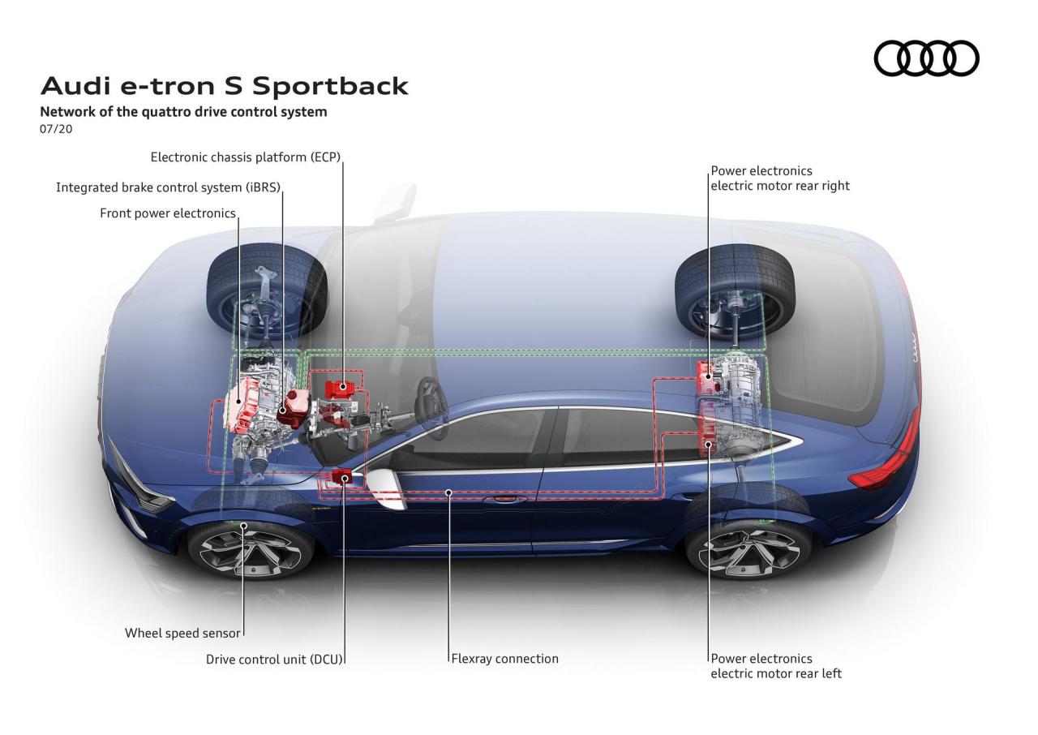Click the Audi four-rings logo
[926, 58]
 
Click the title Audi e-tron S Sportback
[225, 86]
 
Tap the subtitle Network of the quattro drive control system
[183, 112]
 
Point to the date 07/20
[56, 129]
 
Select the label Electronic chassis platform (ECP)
[245, 157]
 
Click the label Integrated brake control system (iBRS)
[168, 187]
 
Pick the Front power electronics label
[168, 213]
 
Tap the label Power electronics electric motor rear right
[779, 178]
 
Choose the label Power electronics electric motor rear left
[776, 666]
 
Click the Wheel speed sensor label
[183, 633]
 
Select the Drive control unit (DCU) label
[275, 659]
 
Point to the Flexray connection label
[505, 659]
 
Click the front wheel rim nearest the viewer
[251, 549]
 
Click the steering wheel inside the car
[430, 398]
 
